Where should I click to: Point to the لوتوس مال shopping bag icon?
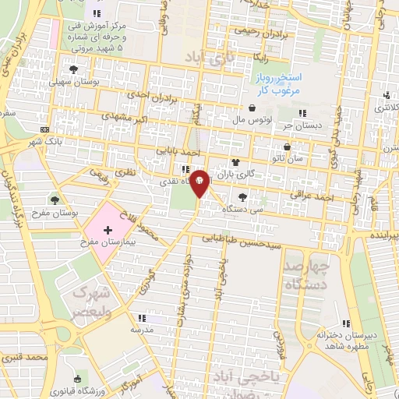(x=252, y=109)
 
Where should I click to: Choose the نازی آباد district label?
(x=203, y=57)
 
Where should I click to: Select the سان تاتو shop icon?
(x=288, y=147)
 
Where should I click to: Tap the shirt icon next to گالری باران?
(x=235, y=162)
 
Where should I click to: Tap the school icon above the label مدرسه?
(x=141, y=318)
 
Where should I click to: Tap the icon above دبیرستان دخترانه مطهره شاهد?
(x=346, y=323)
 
